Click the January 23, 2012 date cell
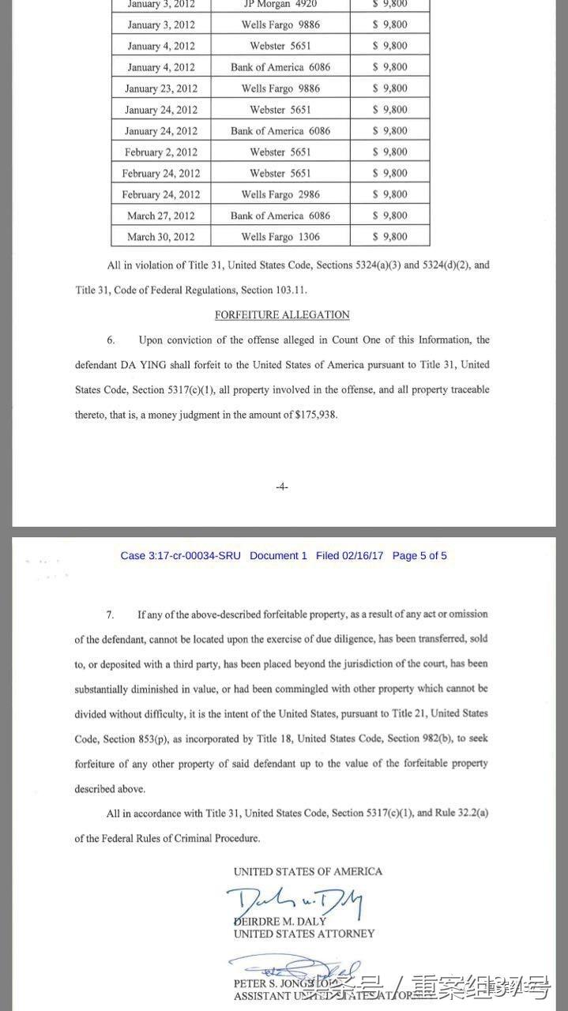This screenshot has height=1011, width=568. click(x=161, y=88)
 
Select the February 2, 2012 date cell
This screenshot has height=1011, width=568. click(x=161, y=152)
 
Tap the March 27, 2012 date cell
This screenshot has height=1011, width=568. click(x=161, y=216)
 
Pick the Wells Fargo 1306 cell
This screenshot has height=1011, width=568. click(x=280, y=237)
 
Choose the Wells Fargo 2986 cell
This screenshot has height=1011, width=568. click(x=280, y=194)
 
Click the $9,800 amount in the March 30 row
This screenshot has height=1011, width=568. click(x=389, y=237)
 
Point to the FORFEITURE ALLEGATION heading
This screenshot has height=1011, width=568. click(x=282, y=315)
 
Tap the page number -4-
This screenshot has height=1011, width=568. click(x=282, y=487)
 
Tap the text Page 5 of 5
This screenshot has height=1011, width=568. click(x=419, y=556)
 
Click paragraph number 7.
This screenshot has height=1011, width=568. click(x=111, y=614)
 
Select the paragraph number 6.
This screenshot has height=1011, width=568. click(x=111, y=340)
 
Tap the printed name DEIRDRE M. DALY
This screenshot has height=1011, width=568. click(x=281, y=921)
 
